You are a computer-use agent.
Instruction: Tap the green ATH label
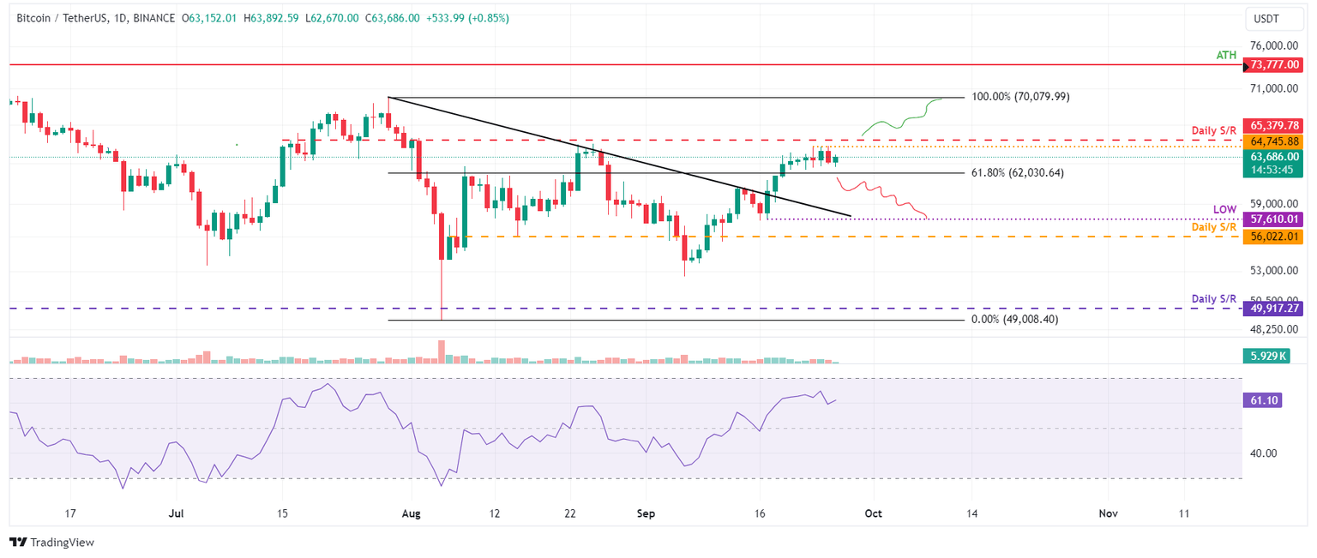pos(1226,55)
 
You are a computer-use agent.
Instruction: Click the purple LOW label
pos(1224,209)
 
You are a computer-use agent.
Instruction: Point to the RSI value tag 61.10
pos(1262,400)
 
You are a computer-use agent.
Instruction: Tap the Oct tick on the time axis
pos(873,513)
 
